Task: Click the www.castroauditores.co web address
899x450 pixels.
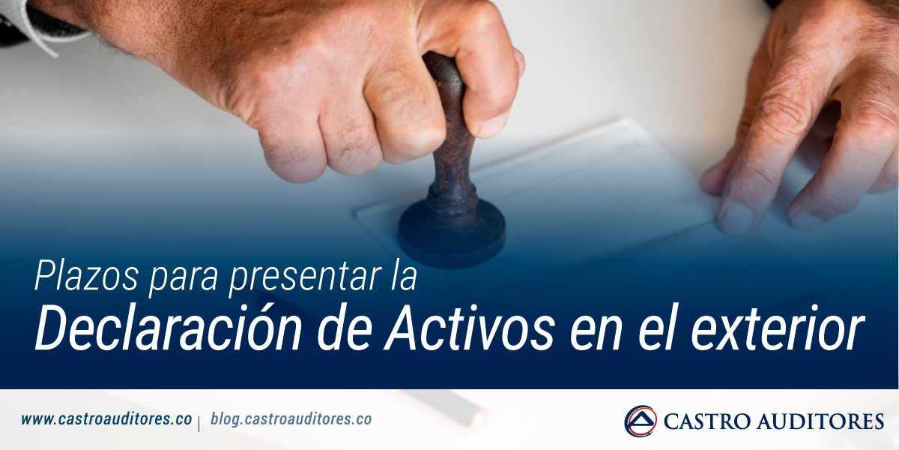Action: [106, 420]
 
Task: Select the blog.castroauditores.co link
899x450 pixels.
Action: [291, 420]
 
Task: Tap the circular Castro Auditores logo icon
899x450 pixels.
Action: [640, 421]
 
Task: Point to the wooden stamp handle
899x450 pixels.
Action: [449, 127]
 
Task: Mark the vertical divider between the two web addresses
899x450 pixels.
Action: [200, 421]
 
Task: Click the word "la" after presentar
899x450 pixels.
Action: [402, 277]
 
